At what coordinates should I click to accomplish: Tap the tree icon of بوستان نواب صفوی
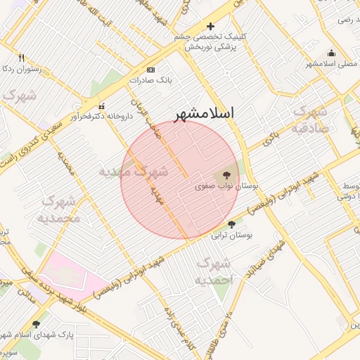(x=226, y=175)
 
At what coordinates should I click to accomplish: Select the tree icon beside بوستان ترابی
(x=232, y=224)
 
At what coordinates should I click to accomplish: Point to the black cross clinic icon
(x=210, y=27)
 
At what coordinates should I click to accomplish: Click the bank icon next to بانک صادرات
(x=150, y=70)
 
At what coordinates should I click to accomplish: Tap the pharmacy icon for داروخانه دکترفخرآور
(x=101, y=105)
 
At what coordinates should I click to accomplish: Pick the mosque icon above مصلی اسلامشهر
(x=332, y=53)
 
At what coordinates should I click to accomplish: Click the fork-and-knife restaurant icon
(x=21, y=58)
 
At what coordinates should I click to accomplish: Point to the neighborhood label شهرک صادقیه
(x=309, y=120)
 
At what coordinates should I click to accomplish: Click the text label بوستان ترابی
(x=236, y=236)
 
